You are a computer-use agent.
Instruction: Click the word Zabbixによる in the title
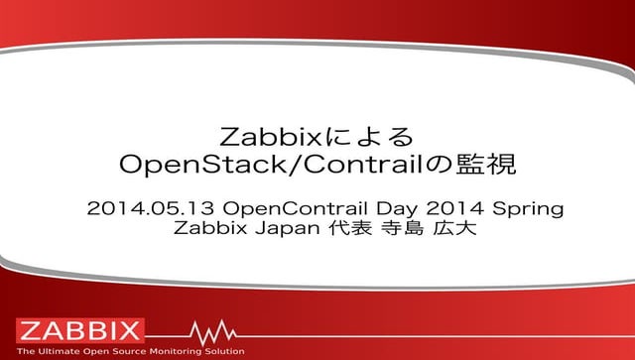[x=317, y=133]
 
